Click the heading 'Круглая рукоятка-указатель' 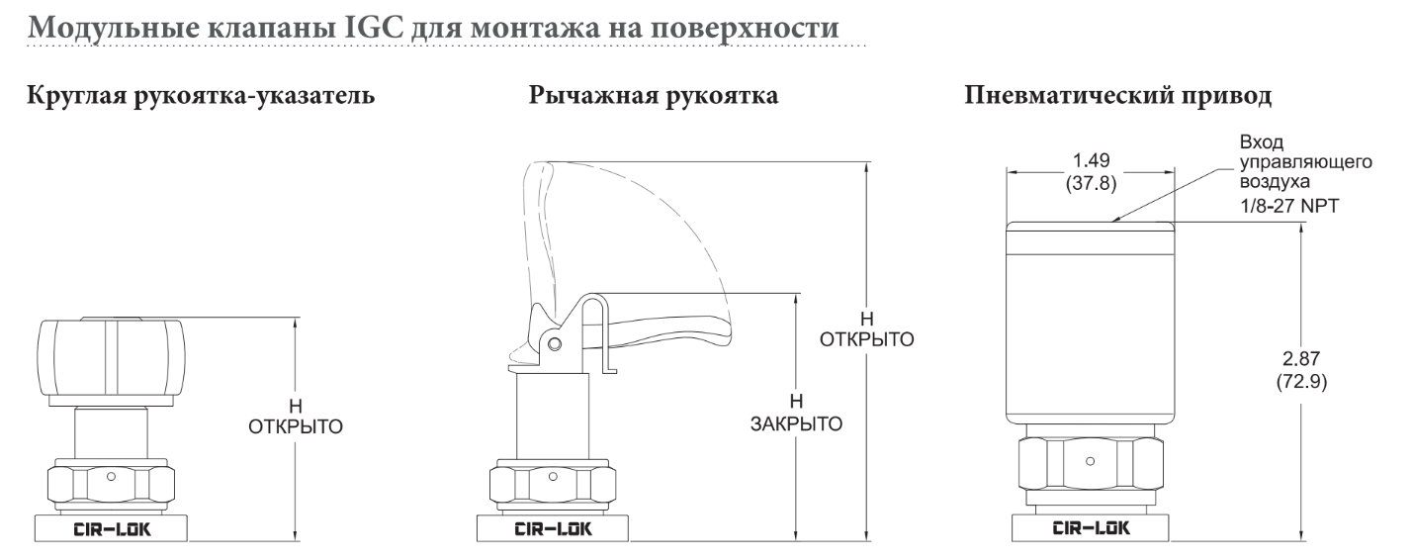coord(201,95)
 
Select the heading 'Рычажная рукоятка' coord(653,95)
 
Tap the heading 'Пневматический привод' coord(1117,95)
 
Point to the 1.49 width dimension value coord(1092,160)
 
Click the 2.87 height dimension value coord(1301,359)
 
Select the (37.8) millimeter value coord(1092,183)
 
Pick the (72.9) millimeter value coord(1301,382)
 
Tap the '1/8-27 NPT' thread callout coord(1289,206)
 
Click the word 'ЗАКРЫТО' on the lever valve coord(796,423)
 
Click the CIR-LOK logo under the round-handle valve coord(112,529)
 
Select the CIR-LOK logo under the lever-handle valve coord(554,529)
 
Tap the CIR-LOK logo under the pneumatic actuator coord(1092,527)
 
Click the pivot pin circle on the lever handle coord(555,344)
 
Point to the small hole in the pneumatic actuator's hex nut coord(1091,462)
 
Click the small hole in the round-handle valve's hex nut coord(111,477)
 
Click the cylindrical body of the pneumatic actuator coord(1091,323)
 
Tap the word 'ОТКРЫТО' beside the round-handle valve coord(296,427)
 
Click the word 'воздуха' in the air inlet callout coord(1276,182)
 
